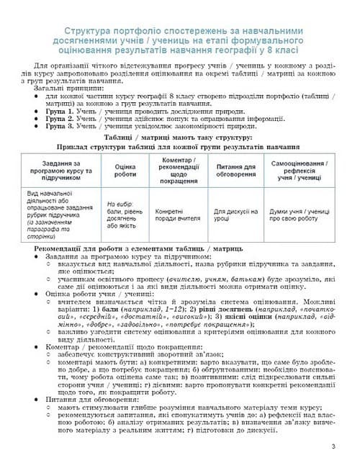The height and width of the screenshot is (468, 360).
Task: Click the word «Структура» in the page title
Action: click(88, 32)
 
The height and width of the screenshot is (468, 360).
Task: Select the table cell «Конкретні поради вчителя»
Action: click(178, 212)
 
